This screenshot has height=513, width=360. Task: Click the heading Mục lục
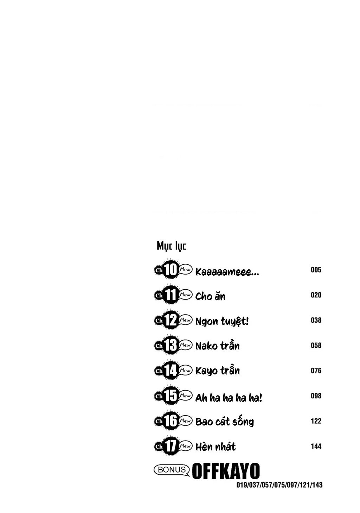pyautogui.click(x=171, y=246)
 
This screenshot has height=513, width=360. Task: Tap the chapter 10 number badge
pyautogui.click(x=171, y=270)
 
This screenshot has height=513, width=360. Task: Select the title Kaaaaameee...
pyautogui.click(x=227, y=272)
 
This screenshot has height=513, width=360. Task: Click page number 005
pyautogui.click(x=316, y=270)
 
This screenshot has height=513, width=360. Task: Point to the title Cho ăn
pyautogui.click(x=210, y=296)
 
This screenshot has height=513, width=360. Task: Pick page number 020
pyautogui.click(x=316, y=295)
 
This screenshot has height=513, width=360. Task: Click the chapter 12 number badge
pyautogui.click(x=171, y=320)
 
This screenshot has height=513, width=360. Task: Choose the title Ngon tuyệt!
pyautogui.click(x=222, y=321)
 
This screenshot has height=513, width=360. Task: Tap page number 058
pyautogui.click(x=316, y=345)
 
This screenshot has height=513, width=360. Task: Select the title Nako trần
pyautogui.click(x=217, y=346)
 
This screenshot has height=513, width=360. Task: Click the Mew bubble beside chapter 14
pyautogui.click(x=185, y=370)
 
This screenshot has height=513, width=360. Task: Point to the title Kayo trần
pyautogui.click(x=217, y=371)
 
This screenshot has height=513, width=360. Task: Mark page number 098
pyautogui.click(x=316, y=396)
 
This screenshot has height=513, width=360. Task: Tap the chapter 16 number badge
pyautogui.click(x=171, y=421)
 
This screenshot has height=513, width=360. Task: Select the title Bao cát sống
pyautogui.click(x=224, y=422)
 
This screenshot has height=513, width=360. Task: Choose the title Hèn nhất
pyautogui.click(x=215, y=447)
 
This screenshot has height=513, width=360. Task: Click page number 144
pyautogui.click(x=316, y=446)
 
